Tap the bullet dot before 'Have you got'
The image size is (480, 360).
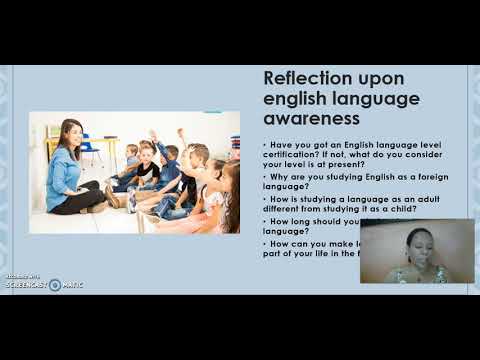263,144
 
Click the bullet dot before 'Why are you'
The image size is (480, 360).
263,177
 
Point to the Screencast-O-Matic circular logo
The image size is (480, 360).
54,284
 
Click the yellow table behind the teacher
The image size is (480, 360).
100,146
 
